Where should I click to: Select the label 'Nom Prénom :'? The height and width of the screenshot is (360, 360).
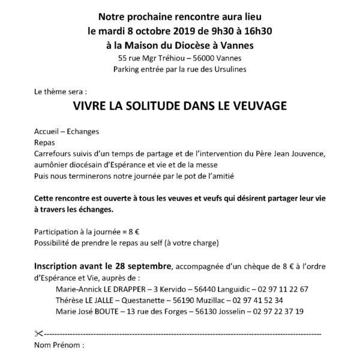[59, 346]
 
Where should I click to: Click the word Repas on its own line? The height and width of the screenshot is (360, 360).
[45, 143]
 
